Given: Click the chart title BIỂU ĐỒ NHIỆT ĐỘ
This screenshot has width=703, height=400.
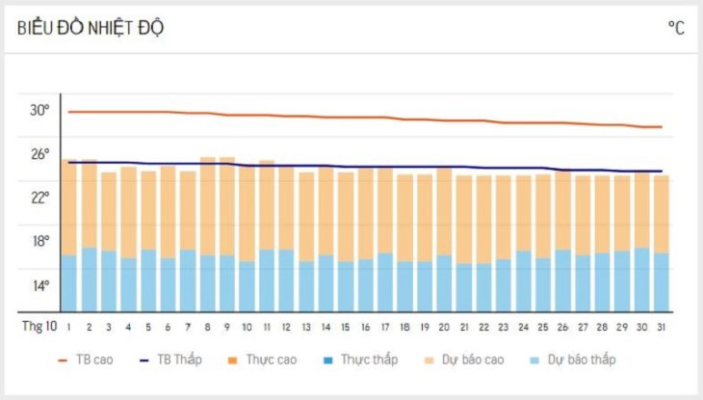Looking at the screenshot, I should (x=91, y=28).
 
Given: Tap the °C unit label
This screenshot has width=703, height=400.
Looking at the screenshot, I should (x=676, y=28).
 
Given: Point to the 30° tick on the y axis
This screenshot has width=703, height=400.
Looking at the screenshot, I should (x=39, y=110).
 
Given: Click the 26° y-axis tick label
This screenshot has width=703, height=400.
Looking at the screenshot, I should (x=39, y=154).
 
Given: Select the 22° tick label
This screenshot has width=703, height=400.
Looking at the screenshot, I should (x=39, y=198).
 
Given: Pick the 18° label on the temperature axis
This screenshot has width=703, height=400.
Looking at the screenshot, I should (x=39, y=242).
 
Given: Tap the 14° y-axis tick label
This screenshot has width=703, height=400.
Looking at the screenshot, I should (x=39, y=285).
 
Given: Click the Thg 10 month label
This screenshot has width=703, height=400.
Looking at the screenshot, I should (x=39, y=328).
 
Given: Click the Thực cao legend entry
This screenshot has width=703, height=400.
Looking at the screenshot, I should (x=263, y=360).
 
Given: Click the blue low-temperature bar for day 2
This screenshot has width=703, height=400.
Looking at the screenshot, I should (x=89, y=280).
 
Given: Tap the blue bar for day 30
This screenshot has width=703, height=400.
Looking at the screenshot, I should (x=641, y=280).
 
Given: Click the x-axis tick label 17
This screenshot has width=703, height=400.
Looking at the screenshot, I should (x=384, y=328).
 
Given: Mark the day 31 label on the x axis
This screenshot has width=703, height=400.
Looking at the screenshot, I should (x=661, y=328).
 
